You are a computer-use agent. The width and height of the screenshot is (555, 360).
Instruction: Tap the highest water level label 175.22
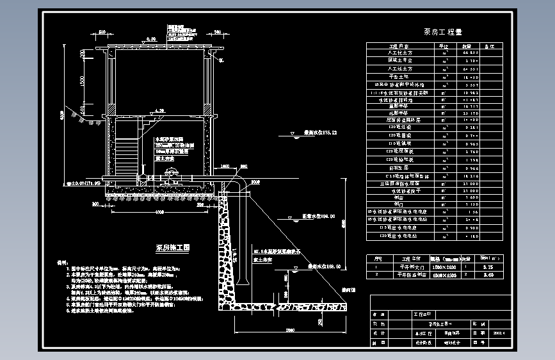[x=321, y=133]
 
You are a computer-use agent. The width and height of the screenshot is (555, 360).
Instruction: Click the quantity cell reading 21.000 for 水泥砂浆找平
[x=471, y=191]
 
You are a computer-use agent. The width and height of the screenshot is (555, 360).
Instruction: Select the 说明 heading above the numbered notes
[x=62, y=263]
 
